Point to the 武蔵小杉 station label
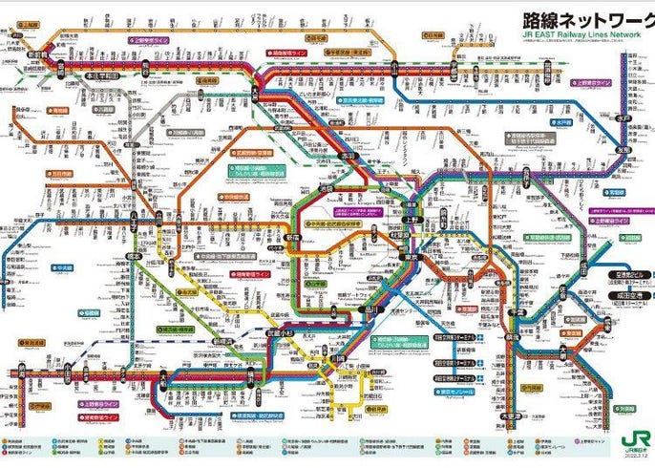tap(278, 330)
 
